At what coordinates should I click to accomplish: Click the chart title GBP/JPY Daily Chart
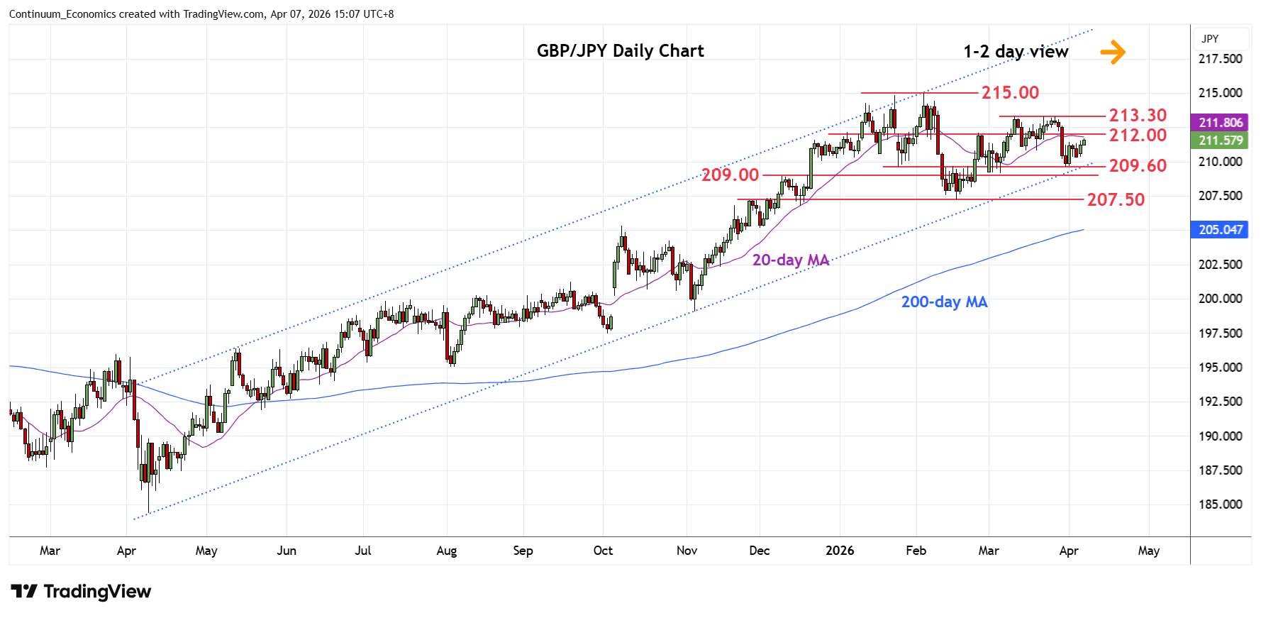coord(620,51)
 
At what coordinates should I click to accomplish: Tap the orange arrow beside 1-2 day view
coord(1113,52)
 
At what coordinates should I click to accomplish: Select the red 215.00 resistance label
coord(1010,93)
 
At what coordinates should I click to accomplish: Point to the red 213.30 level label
coord(1138,116)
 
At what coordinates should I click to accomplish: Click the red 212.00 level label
coord(1138,135)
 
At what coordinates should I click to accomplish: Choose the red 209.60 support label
coord(1138,166)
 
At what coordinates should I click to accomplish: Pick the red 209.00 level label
coord(730,175)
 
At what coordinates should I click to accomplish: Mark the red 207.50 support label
coord(1116,200)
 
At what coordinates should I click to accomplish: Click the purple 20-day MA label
coord(790,260)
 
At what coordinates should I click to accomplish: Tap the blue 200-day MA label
coord(944,302)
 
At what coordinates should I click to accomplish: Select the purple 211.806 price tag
coord(1221,123)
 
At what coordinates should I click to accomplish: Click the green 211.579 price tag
coord(1221,140)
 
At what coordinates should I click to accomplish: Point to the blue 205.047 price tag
coord(1221,230)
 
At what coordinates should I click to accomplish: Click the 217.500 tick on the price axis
coord(1220,59)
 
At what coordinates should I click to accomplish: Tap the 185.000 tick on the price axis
coord(1220,504)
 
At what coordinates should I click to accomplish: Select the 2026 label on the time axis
coord(840,551)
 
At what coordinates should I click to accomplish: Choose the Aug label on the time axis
coord(446,551)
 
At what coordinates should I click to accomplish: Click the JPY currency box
coord(1211,39)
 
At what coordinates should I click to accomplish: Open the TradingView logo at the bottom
coord(82,592)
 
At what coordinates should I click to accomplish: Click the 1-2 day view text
coord(1016,52)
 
